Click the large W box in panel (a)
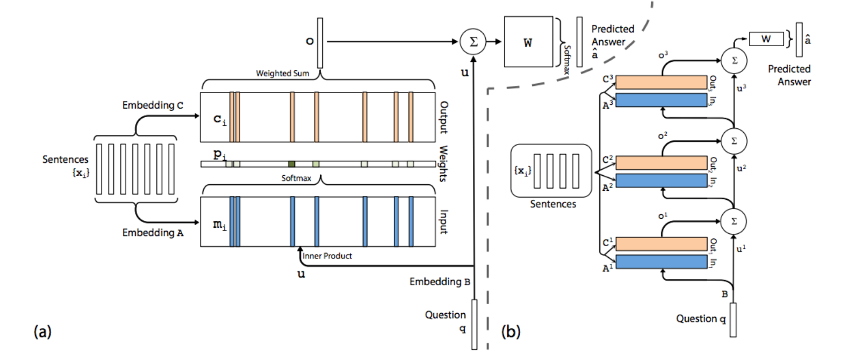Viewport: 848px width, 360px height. pos(528,42)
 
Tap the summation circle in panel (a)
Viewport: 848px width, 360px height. pos(473,41)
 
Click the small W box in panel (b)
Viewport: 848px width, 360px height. pos(766,39)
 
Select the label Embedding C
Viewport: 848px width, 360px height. pos(153,105)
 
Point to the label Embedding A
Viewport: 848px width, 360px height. pos(153,233)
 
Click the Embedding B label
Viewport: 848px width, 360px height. pos(440,282)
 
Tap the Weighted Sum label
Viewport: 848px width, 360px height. pos(282,74)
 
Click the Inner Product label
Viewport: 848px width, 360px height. pos(327,256)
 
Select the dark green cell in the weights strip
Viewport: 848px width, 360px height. pos(292,164)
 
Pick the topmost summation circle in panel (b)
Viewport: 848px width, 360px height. pos(734,60)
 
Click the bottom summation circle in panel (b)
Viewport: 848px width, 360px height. pos(734,221)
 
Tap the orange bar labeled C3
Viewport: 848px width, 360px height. pos(661,82)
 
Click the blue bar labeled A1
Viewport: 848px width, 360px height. pos(661,262)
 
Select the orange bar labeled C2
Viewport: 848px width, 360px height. pos(661,162)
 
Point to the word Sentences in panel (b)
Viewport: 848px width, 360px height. pos(553,204)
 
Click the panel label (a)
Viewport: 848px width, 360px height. pos(42,331)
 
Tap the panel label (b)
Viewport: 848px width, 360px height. pos(511,331)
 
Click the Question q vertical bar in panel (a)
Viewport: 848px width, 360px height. pos(474,324)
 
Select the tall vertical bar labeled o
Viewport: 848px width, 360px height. pos(320,43)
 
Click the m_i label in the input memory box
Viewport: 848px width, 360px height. pos(219,225)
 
